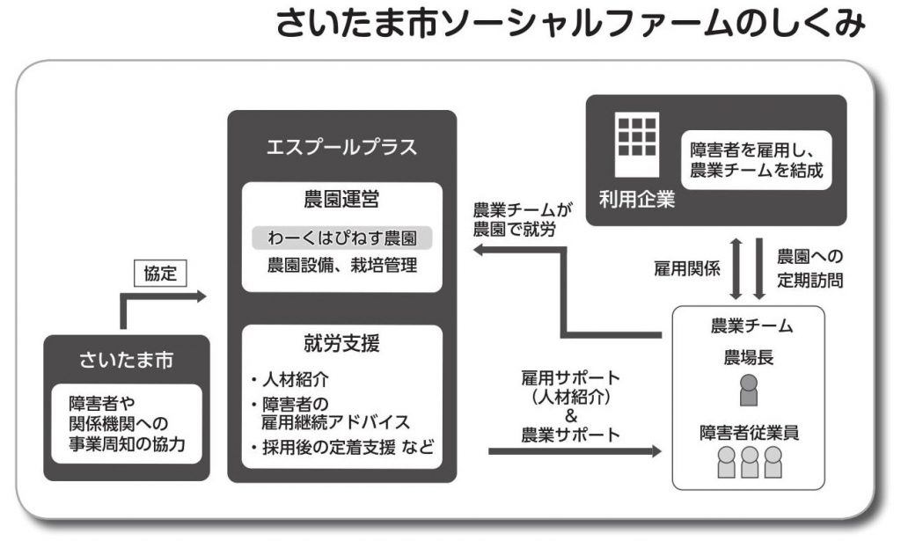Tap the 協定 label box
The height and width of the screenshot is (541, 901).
coord(160,274)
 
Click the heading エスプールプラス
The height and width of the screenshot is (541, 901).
coord(341,147)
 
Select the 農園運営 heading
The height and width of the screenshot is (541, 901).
coord(341,201)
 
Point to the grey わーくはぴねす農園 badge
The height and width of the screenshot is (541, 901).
coord(341,238)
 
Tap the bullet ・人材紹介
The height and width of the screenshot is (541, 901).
coord(294,381)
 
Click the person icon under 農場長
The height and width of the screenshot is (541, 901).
coord(749,390)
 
